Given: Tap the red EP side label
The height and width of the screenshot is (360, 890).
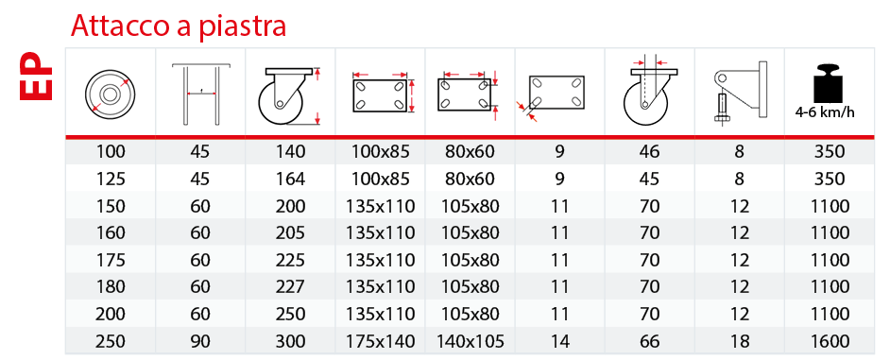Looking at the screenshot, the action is click(36, 77).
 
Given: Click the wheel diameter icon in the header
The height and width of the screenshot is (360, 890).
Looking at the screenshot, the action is click(111, 94).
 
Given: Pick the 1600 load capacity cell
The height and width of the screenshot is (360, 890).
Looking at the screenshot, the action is click(830, 341).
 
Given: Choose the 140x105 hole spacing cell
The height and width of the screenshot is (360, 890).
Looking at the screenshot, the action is click(470, 341).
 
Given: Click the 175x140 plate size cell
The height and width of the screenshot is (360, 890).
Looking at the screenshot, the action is click(381, 341).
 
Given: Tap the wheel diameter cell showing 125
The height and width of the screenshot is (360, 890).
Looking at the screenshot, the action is click(111, 179).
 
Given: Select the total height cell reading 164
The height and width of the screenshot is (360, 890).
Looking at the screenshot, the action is click(291, 179).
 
